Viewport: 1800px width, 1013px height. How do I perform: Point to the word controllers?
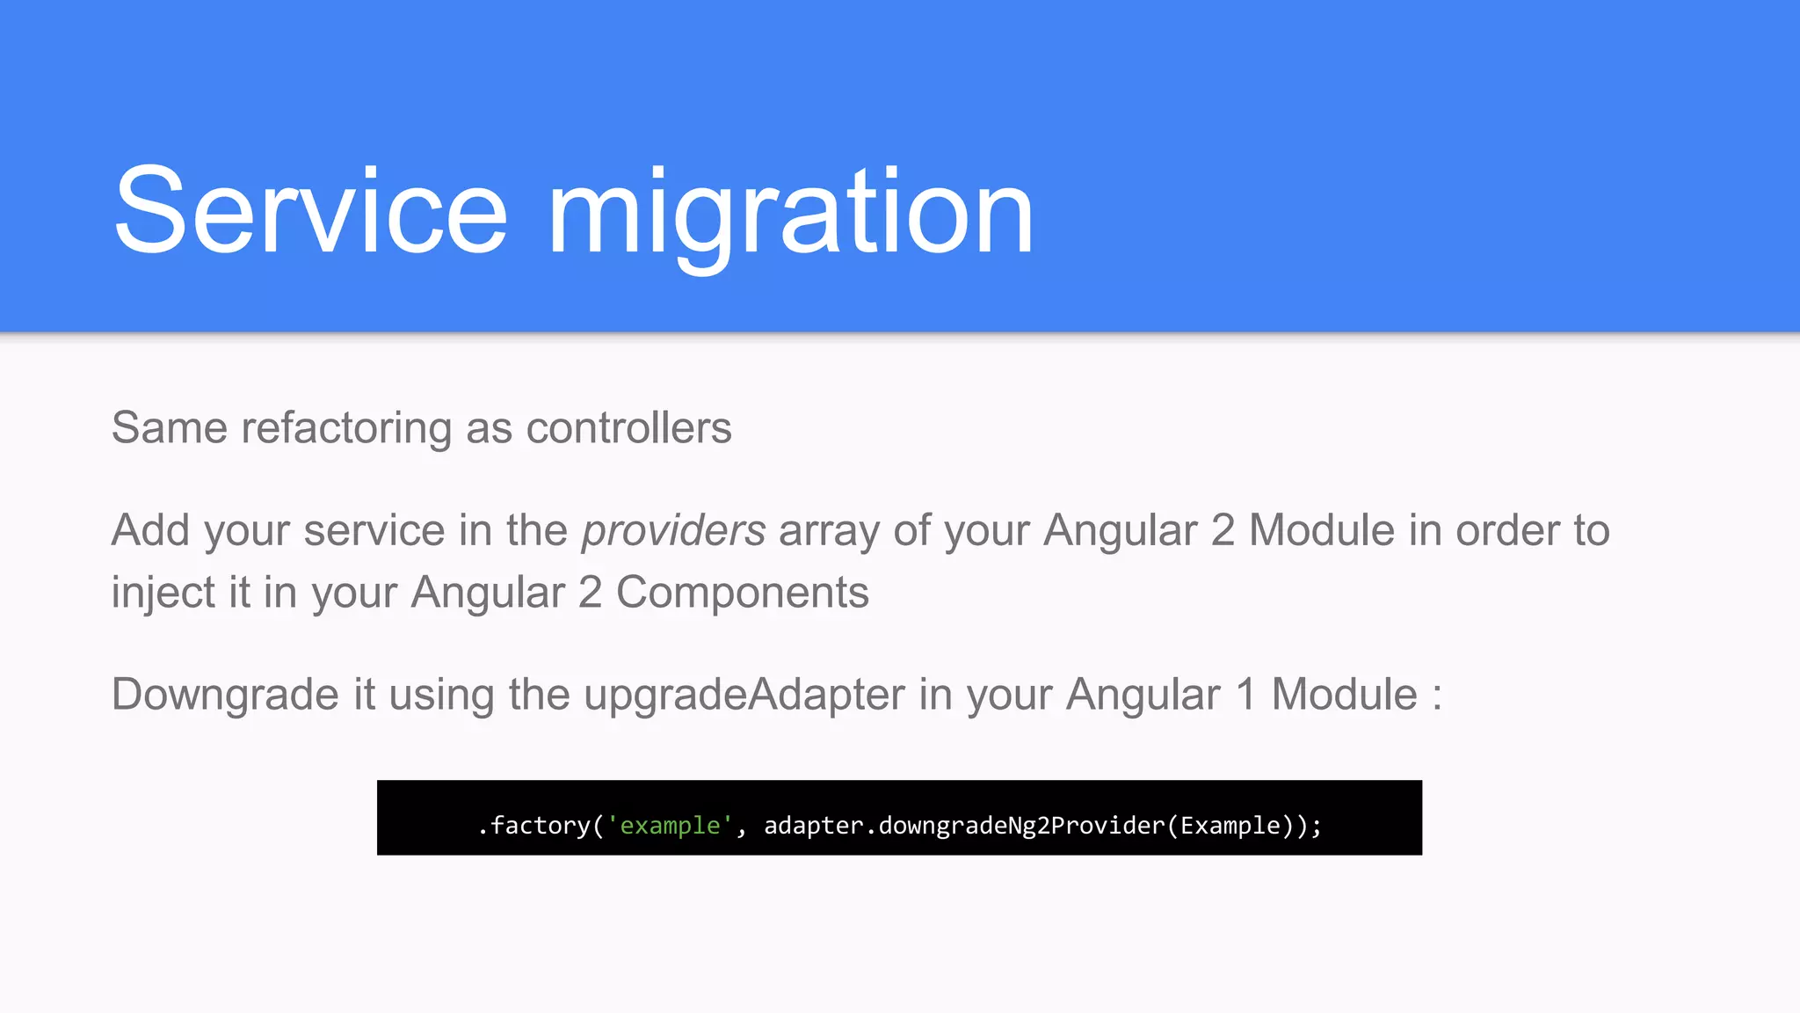(x=628, y=428)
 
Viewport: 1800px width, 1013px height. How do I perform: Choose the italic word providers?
(x=673, y=530)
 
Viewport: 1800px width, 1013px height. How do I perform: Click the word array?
(x=829, y=530)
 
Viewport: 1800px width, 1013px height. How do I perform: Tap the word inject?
(x=163, y=593)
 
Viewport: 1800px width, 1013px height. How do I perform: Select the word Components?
(x=743, y=593)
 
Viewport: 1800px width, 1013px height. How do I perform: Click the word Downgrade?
(x=225, y=695)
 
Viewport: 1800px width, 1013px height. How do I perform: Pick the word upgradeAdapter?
(x=744, y=695)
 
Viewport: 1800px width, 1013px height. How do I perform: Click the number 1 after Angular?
(x=1245, y=695)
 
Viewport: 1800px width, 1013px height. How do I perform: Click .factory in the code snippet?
(x=533, y=826)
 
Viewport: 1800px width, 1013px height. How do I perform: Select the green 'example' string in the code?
(x=670, y=826)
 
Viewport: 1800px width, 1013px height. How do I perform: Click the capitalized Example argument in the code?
(x=1230, y=826)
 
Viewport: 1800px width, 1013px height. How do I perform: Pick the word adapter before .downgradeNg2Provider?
(x=814, y=826)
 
